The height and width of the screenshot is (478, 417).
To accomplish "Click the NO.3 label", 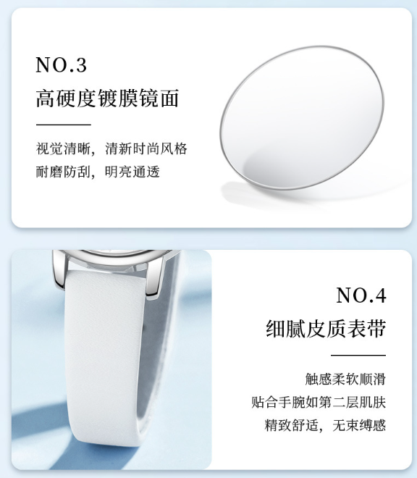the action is pos(62,64).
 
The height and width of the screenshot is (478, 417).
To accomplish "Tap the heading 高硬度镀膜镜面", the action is pos(107,98).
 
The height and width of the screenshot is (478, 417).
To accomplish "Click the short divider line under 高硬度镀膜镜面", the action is pos(64,125).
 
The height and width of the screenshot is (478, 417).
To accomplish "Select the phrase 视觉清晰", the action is pos(63,148).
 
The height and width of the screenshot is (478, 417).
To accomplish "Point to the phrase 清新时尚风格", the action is pos(146,148).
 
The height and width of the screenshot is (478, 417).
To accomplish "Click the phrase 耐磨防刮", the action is pos(63,172).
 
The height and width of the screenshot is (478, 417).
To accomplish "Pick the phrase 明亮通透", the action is pos(132,172).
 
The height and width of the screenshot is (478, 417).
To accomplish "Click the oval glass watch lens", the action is pos(302,117).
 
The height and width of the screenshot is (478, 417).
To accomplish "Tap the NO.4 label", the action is pos(361,295).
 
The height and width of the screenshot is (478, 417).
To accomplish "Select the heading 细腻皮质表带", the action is pos(326,329).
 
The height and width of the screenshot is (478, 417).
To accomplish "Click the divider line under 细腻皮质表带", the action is pos(358,355).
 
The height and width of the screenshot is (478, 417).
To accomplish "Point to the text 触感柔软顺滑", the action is pos(345,380).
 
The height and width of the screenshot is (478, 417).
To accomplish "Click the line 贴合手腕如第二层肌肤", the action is pos(319,402).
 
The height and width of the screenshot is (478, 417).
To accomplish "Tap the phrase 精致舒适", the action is pos(292,425).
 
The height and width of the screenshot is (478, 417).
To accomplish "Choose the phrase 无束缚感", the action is pos(359,425).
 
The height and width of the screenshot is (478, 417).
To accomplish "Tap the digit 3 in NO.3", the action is pos(81,65).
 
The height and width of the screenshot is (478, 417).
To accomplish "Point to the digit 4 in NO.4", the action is pos(380,295).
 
